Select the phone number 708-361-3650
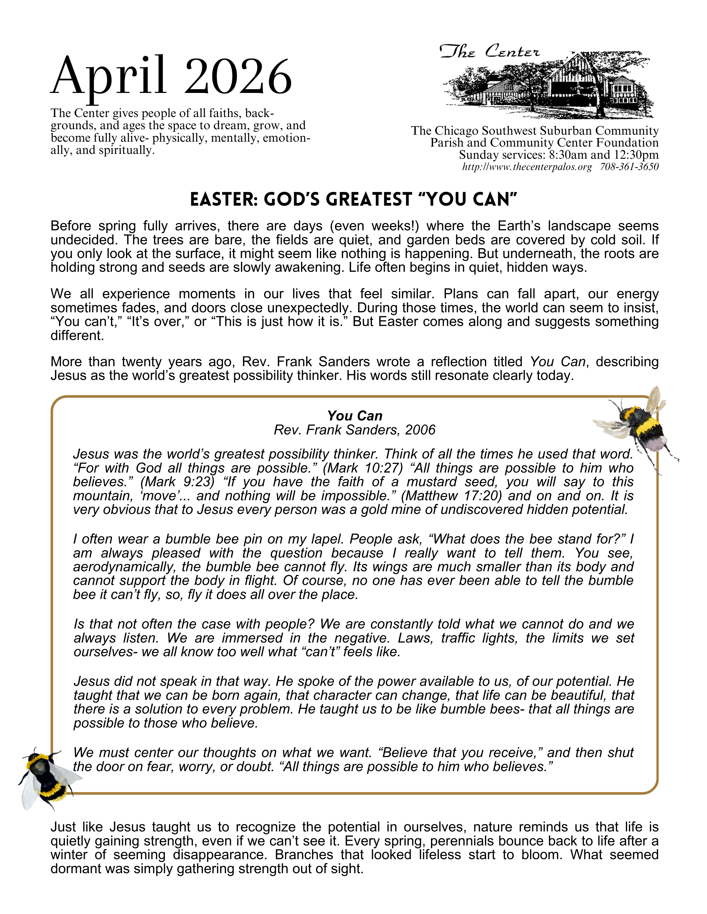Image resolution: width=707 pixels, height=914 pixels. pyautogui.click(x=629, y=167)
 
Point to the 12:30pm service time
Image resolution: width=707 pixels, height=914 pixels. pyautogui.click(x=636, y=155)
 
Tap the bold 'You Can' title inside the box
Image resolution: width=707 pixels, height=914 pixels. pyautogui.click(x=355, y=416)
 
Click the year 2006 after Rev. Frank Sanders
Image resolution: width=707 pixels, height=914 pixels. pyautogui.click(x=420, y=430)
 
